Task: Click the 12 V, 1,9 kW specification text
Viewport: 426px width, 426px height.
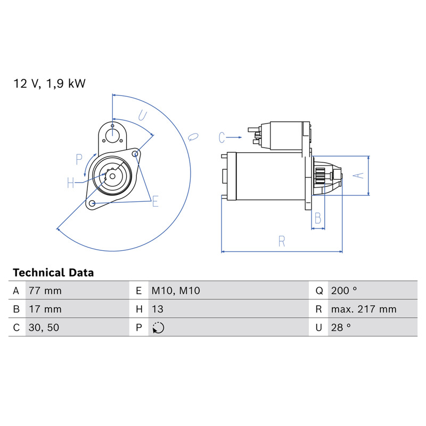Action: [50, 84]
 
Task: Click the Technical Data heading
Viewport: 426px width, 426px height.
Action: [53, 273]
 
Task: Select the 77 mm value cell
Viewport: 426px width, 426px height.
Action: [45, 291]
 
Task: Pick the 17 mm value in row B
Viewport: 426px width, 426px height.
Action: [45, 309]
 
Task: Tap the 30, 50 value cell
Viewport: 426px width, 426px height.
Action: [44, 327]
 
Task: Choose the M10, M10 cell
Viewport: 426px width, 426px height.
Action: [176, 291]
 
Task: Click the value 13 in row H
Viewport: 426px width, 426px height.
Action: [158, 309]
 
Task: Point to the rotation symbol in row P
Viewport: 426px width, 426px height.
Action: [158, 327]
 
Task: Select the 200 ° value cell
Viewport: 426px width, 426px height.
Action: [343, 291]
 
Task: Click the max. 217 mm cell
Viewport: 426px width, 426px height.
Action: [364, 309]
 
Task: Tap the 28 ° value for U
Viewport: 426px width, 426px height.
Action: [341, 327]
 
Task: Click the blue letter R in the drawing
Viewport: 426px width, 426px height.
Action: [282, 241]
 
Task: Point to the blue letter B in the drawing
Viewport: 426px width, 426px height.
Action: [318, 218]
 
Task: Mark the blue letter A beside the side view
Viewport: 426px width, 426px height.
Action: [358, 176]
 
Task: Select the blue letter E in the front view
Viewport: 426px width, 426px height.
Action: [155, 201]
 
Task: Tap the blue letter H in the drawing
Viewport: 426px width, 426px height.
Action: [71, 183]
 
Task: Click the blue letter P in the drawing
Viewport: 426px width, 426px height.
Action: [79, 159]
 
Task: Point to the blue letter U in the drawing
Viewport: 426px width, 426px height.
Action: [142, 116]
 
